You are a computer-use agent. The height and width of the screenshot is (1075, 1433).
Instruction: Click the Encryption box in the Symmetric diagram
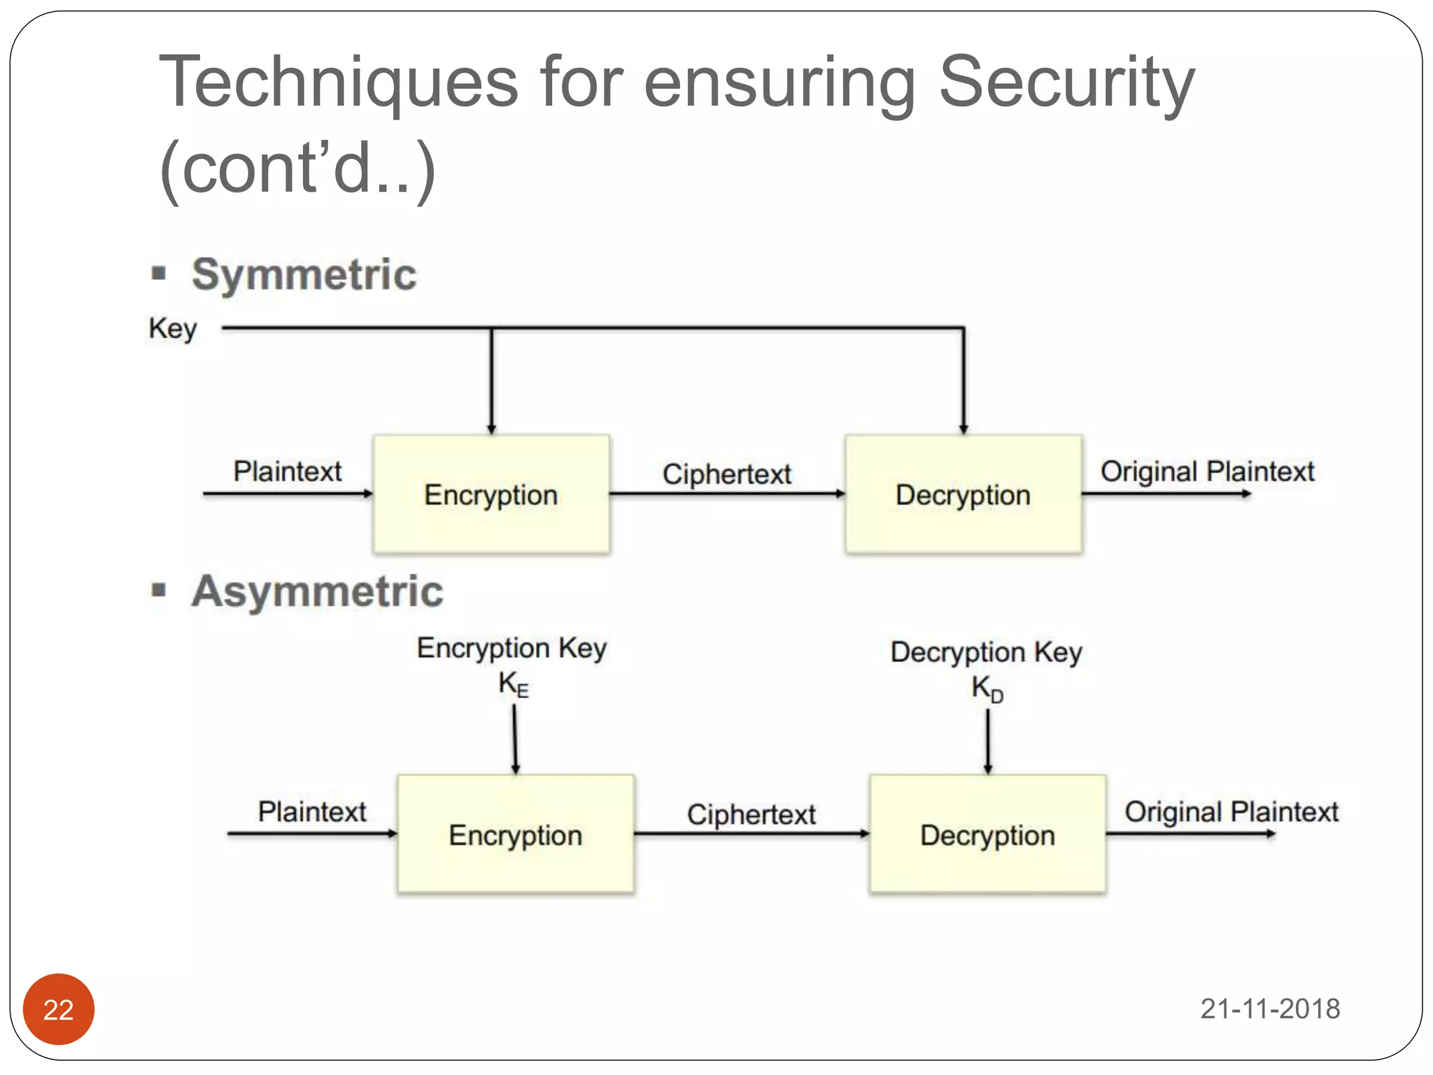point(491,495)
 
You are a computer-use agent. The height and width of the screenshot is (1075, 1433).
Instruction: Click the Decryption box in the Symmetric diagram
point(963,495)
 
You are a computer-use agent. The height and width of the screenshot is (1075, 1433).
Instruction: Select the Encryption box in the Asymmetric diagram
point(516,834)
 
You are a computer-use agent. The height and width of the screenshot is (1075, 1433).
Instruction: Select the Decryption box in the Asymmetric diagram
point(987,834)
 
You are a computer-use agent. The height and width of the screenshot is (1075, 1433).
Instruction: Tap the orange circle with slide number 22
point(59,1009)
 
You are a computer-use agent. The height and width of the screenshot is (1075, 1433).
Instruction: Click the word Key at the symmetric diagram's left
point(173,328)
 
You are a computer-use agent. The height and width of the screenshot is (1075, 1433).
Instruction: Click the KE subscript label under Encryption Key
point(514,684)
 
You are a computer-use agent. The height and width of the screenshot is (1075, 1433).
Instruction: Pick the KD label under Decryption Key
point(987,689)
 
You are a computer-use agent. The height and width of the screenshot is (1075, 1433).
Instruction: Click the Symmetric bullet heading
point(304,274)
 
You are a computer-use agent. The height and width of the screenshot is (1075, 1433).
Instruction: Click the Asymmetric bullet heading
point(317,591)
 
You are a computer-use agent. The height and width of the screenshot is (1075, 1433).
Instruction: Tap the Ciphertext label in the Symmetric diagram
point(727,475)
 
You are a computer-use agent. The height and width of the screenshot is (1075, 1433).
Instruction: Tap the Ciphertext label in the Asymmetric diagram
point(751,815)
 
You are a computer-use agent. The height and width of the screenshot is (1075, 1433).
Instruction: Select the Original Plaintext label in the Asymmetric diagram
point(1231,812)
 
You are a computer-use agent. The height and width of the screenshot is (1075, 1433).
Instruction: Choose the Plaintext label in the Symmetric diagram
point(288,471)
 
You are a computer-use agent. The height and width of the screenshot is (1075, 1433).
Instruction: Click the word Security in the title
point(1066,83)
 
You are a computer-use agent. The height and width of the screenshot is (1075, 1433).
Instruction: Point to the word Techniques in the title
point(339,83)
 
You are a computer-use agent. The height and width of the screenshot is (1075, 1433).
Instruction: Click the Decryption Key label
point(986,652)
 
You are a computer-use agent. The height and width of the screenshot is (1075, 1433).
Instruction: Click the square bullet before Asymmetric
point(159,590)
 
